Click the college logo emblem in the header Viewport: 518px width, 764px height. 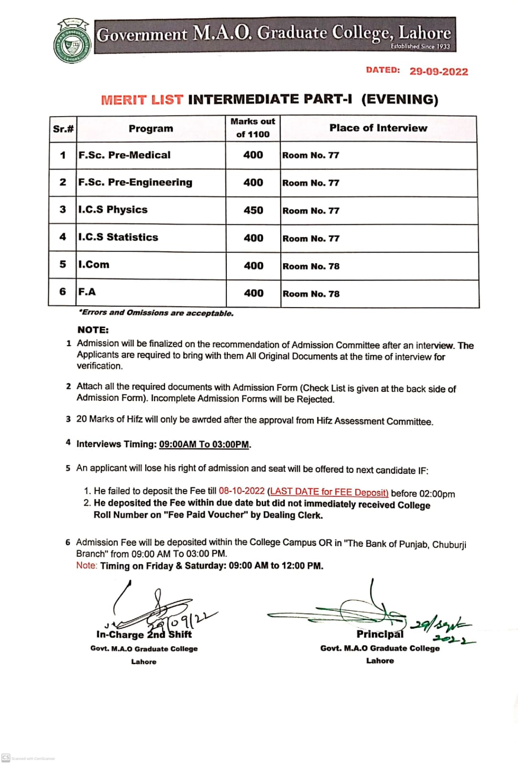coord(72,42)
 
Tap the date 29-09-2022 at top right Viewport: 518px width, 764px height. coord(439,72)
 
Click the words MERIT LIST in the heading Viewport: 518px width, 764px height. coord(142,100)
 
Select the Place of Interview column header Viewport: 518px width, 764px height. coord(378,128)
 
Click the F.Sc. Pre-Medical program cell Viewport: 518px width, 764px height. coord(125,155)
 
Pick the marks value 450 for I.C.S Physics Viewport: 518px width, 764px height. coord(253,211)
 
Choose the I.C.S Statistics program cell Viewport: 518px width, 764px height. coord(118,237)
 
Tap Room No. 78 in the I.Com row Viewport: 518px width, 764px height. coord(311,266)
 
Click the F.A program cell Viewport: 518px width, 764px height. coord(87,292)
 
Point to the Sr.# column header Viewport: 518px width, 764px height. coord(63,129)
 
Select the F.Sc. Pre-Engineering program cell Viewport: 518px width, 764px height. coord(136,182)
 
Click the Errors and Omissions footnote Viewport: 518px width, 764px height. coord(157,313)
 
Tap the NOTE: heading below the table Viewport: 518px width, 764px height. coord(93,330)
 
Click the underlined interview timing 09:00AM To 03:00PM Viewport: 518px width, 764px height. coord(204,445)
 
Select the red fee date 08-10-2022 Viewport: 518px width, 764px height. coord(242,491)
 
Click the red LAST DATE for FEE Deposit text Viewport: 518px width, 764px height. coord(329,492)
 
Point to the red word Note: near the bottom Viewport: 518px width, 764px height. coord(86,565)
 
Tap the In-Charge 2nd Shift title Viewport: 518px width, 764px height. coord(144,635)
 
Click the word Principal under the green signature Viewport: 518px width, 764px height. coord(380,634)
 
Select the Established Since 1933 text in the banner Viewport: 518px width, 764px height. coord(420,46)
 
